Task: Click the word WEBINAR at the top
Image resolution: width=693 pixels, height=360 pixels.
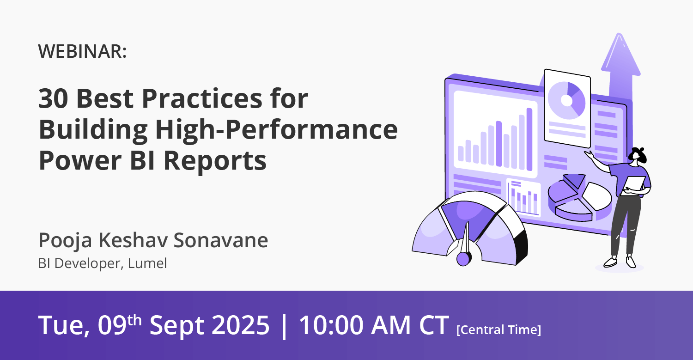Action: point(80,51)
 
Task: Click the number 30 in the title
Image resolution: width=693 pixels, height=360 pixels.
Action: point(53,98)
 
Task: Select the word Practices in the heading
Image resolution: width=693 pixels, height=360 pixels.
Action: point(202,98)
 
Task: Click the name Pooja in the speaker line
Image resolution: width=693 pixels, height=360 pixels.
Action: point(65,241)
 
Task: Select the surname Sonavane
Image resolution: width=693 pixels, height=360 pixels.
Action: point(220,240)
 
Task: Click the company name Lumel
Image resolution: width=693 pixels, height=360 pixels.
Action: point(147,263)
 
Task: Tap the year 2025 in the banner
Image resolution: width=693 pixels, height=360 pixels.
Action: point(240,325)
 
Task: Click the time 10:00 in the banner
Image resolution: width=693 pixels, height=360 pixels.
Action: point(331,325)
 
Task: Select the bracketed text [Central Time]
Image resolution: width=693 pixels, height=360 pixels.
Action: point(498,329)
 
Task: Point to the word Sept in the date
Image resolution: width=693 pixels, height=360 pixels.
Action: point(176,326)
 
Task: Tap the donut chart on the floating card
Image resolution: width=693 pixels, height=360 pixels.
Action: point(566,100)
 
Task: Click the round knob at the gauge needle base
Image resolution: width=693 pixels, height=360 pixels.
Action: point(463,259)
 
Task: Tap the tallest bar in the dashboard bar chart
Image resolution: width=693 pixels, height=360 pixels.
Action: point(529,139)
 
